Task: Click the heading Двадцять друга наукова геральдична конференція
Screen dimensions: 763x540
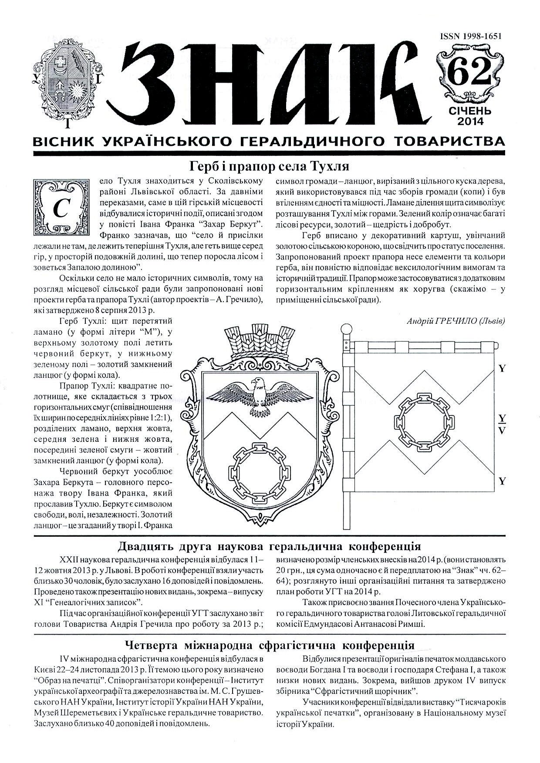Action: tap(270, 546)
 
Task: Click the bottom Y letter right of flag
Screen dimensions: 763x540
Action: tap(502, 481)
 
